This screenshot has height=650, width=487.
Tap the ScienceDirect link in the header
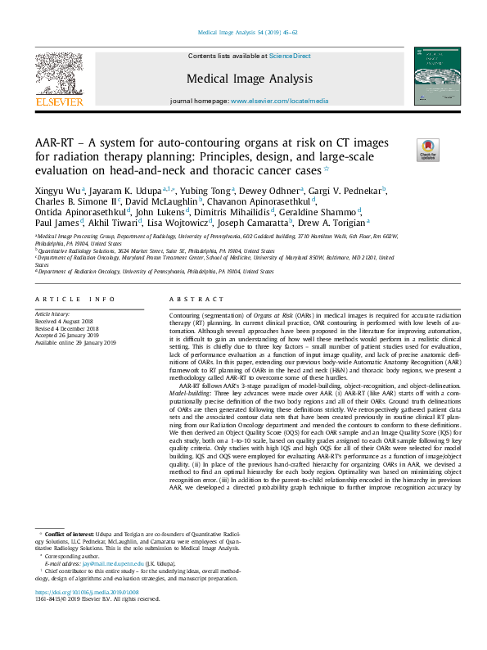290,56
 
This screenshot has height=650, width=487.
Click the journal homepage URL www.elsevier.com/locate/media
271,101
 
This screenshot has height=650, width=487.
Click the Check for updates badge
428,150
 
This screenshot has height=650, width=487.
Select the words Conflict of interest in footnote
67,533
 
